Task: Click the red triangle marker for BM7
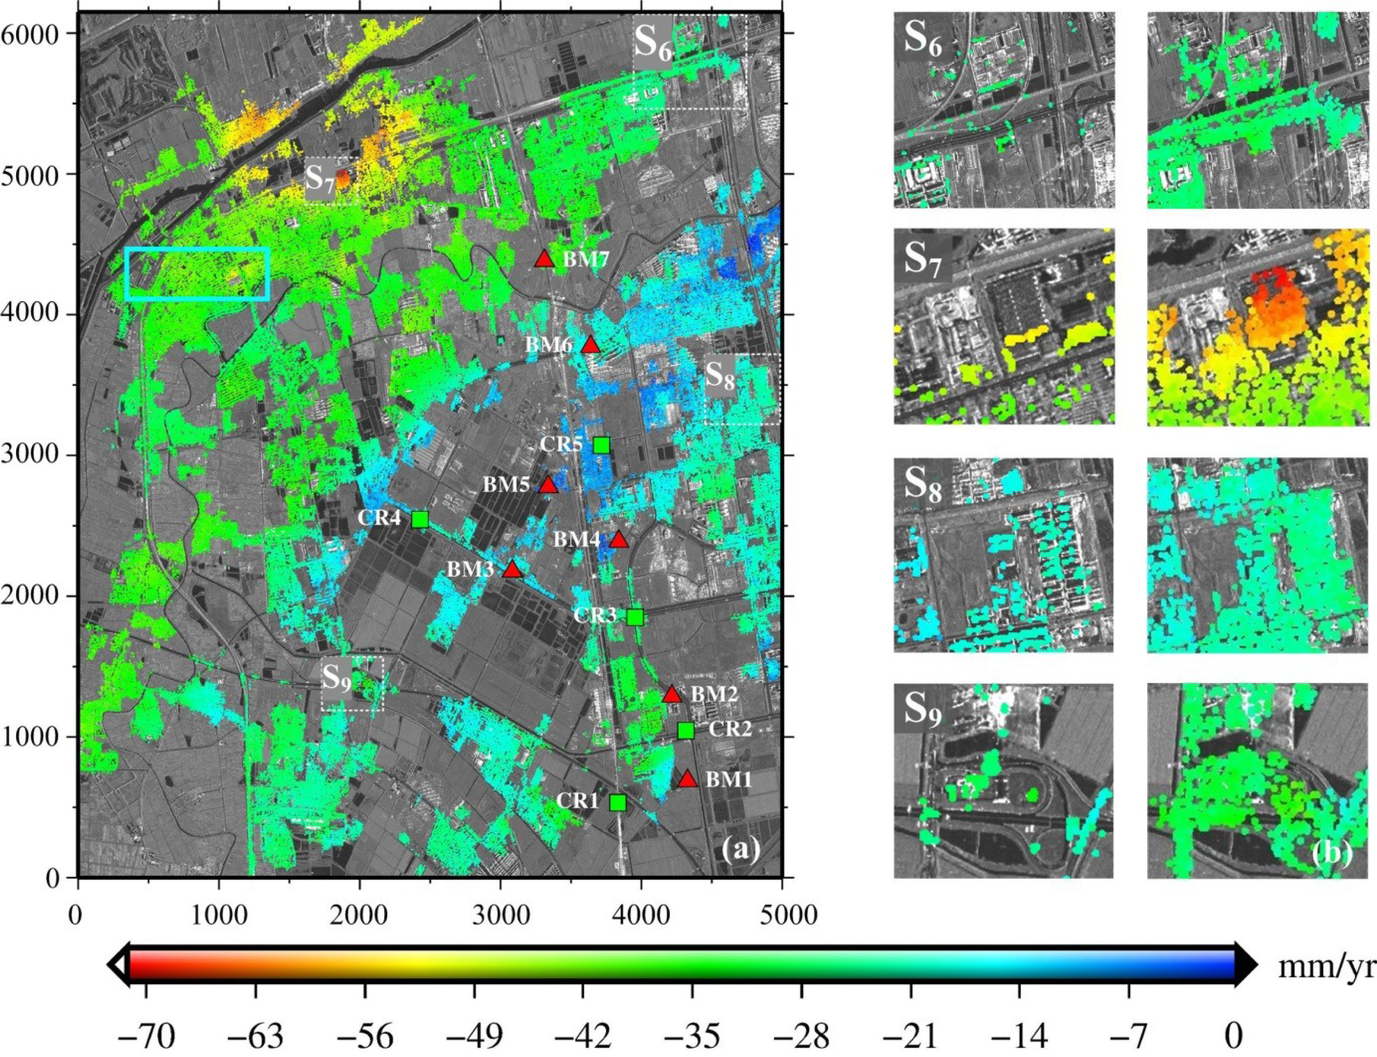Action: point(544,258)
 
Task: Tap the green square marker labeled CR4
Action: point(420,519)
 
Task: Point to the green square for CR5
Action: point(602,445)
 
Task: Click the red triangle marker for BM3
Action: point(512,569)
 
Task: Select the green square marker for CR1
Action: point(618,802)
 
